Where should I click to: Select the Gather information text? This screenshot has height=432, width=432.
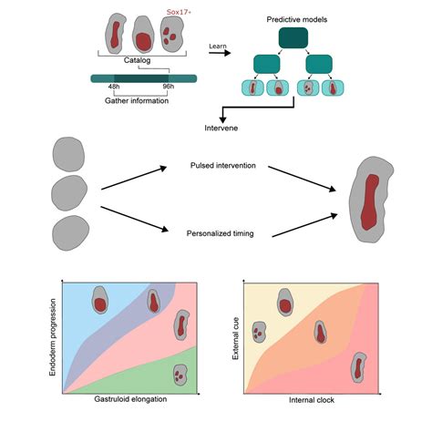137,101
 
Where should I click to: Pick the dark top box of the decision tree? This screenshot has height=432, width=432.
294,37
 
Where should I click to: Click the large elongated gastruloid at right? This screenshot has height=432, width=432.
368,202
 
